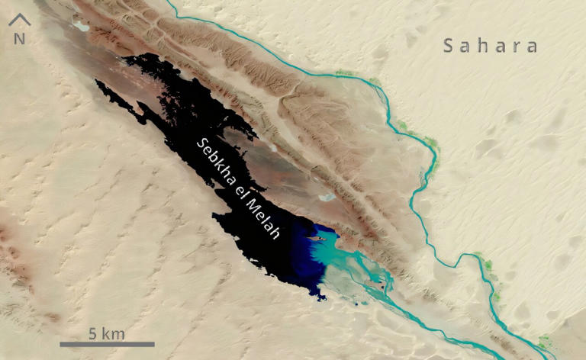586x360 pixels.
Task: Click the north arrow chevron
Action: [18, 21]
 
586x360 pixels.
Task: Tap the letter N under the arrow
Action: [18, 38]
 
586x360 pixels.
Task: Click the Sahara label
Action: [491, 47]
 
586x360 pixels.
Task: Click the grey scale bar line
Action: [118, 345]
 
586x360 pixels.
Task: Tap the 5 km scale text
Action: [106, 333]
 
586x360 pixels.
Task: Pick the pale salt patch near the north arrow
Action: [80, 26]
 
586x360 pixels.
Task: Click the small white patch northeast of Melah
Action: [327, 196]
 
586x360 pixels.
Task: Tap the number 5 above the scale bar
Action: [92, 333]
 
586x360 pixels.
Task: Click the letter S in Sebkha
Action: [201, 143]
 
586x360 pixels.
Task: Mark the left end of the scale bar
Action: [82, 345]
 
